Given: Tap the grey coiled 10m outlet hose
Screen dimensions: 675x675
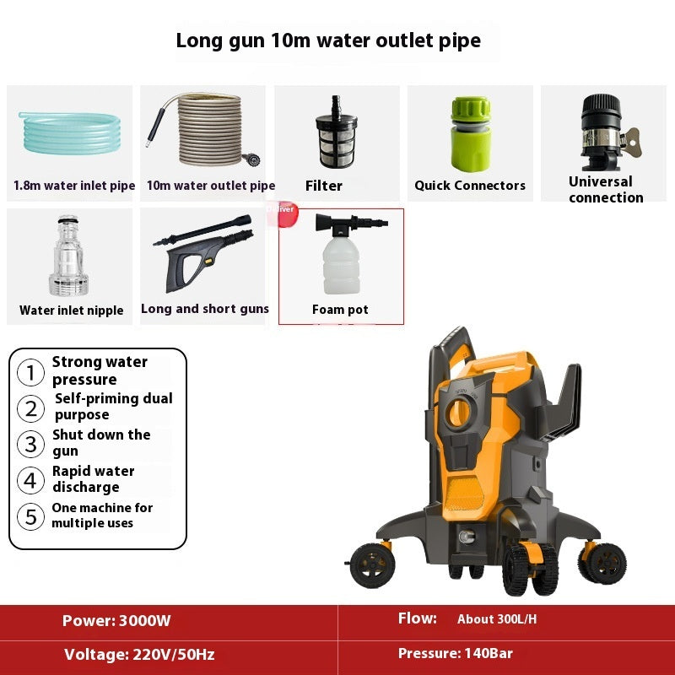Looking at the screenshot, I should [207, 131].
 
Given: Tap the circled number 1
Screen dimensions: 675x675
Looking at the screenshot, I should [30, 372].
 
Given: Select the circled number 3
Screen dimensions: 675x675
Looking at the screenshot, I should [30, 444].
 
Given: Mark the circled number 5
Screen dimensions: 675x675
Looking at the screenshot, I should [30, 516].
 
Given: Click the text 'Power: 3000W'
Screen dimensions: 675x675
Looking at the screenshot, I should [116, 621].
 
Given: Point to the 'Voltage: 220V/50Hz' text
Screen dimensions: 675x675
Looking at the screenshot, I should [139, 654].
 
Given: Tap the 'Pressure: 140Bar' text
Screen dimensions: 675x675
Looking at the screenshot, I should [455, 653].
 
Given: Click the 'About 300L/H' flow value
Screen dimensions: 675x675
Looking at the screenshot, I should [497, 619].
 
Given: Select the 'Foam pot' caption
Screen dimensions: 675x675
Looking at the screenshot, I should [340, 310].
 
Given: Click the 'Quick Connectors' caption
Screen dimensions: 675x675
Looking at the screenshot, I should [470, 186].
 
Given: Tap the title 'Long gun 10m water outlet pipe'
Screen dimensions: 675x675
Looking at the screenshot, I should [328, 40].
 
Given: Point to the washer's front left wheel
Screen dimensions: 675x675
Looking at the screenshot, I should [372, 566].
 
